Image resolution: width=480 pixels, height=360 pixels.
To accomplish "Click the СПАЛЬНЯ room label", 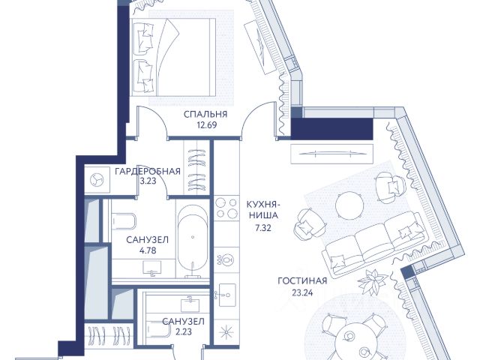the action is click(205, 114).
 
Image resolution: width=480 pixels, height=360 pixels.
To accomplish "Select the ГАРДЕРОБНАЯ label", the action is click(148, 171).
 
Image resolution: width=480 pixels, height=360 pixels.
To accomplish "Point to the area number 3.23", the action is click(148, 181).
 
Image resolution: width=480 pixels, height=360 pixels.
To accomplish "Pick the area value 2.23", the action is click(184, 331).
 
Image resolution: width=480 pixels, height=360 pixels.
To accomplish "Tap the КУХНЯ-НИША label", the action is click(263, 209).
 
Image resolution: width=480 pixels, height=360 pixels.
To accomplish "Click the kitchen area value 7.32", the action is click(263, 227).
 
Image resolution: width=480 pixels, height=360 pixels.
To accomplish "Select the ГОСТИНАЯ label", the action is click(302, 280).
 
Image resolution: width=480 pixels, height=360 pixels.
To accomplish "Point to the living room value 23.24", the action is click(302, 293).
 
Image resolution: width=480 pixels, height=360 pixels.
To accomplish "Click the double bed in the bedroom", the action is click(172, 57).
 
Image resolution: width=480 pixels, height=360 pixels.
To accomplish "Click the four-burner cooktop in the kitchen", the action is click(226, 208).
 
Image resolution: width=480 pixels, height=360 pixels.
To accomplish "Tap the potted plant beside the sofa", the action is click(373, 281).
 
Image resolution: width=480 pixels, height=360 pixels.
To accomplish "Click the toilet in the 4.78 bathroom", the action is click(124, 220).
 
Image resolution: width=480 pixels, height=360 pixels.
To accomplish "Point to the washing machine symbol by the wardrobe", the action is click(97, 180).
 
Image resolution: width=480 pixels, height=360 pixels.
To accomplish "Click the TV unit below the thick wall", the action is click(331, 154).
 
